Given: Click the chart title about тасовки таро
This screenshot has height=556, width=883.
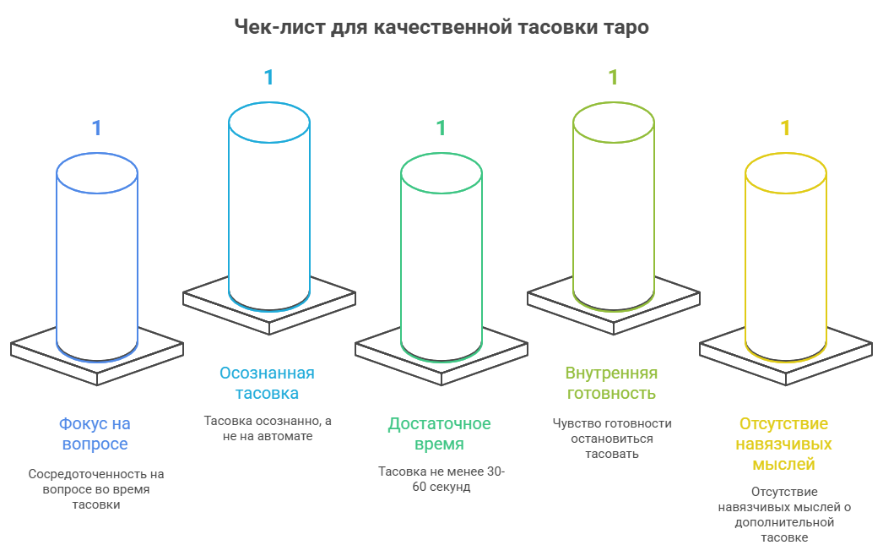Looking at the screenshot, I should (x=441, y=27).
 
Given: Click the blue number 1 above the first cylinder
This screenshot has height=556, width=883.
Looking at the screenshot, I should (x=96, y=128).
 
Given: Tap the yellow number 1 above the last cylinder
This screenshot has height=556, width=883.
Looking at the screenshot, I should (x=785, y=128).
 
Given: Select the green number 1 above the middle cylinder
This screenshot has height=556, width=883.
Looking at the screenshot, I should (x=441, y=128).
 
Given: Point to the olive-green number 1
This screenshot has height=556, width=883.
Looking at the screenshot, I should (x=613, y=77).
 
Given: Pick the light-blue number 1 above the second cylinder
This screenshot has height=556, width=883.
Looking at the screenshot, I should (x=268, y=77).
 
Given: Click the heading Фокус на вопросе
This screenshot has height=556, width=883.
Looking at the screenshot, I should (x=95, y=433).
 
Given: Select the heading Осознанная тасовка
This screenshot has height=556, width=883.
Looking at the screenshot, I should (x=267, y=383).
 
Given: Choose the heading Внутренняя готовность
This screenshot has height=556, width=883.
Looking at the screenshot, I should (x=611, y=383).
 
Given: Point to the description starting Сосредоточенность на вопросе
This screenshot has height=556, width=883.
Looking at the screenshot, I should (x=95, y=489).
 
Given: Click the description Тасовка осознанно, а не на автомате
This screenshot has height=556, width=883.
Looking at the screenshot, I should (x=268, y=428).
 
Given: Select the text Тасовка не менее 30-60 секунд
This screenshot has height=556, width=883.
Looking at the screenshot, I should (x=441, y=479).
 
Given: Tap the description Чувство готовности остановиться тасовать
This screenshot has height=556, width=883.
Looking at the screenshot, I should (x=612, y=438).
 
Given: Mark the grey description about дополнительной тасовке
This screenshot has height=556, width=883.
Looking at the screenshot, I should (x=784, y=514).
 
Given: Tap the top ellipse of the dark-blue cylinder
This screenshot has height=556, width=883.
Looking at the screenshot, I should (x=96, y=174).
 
